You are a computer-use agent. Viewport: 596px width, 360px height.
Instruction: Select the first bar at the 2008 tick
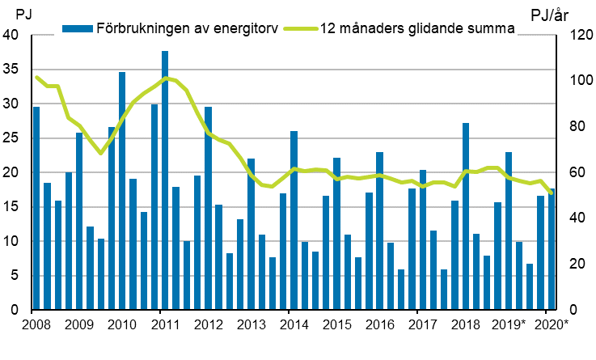(36, 208)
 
